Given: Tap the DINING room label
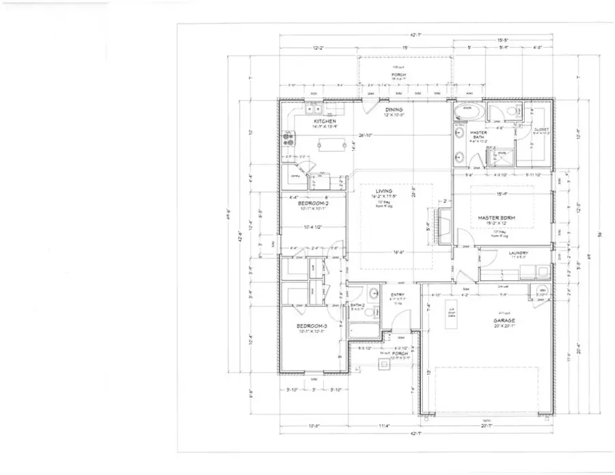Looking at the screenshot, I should pos(394,109).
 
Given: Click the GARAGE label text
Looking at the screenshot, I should pos(504,320).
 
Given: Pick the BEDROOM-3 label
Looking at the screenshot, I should pos(312,326).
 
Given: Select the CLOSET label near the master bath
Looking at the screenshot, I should pos(541,128).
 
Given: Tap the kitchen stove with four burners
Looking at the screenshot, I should pos(287,137).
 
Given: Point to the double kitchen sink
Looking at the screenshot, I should pos(314,108).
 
